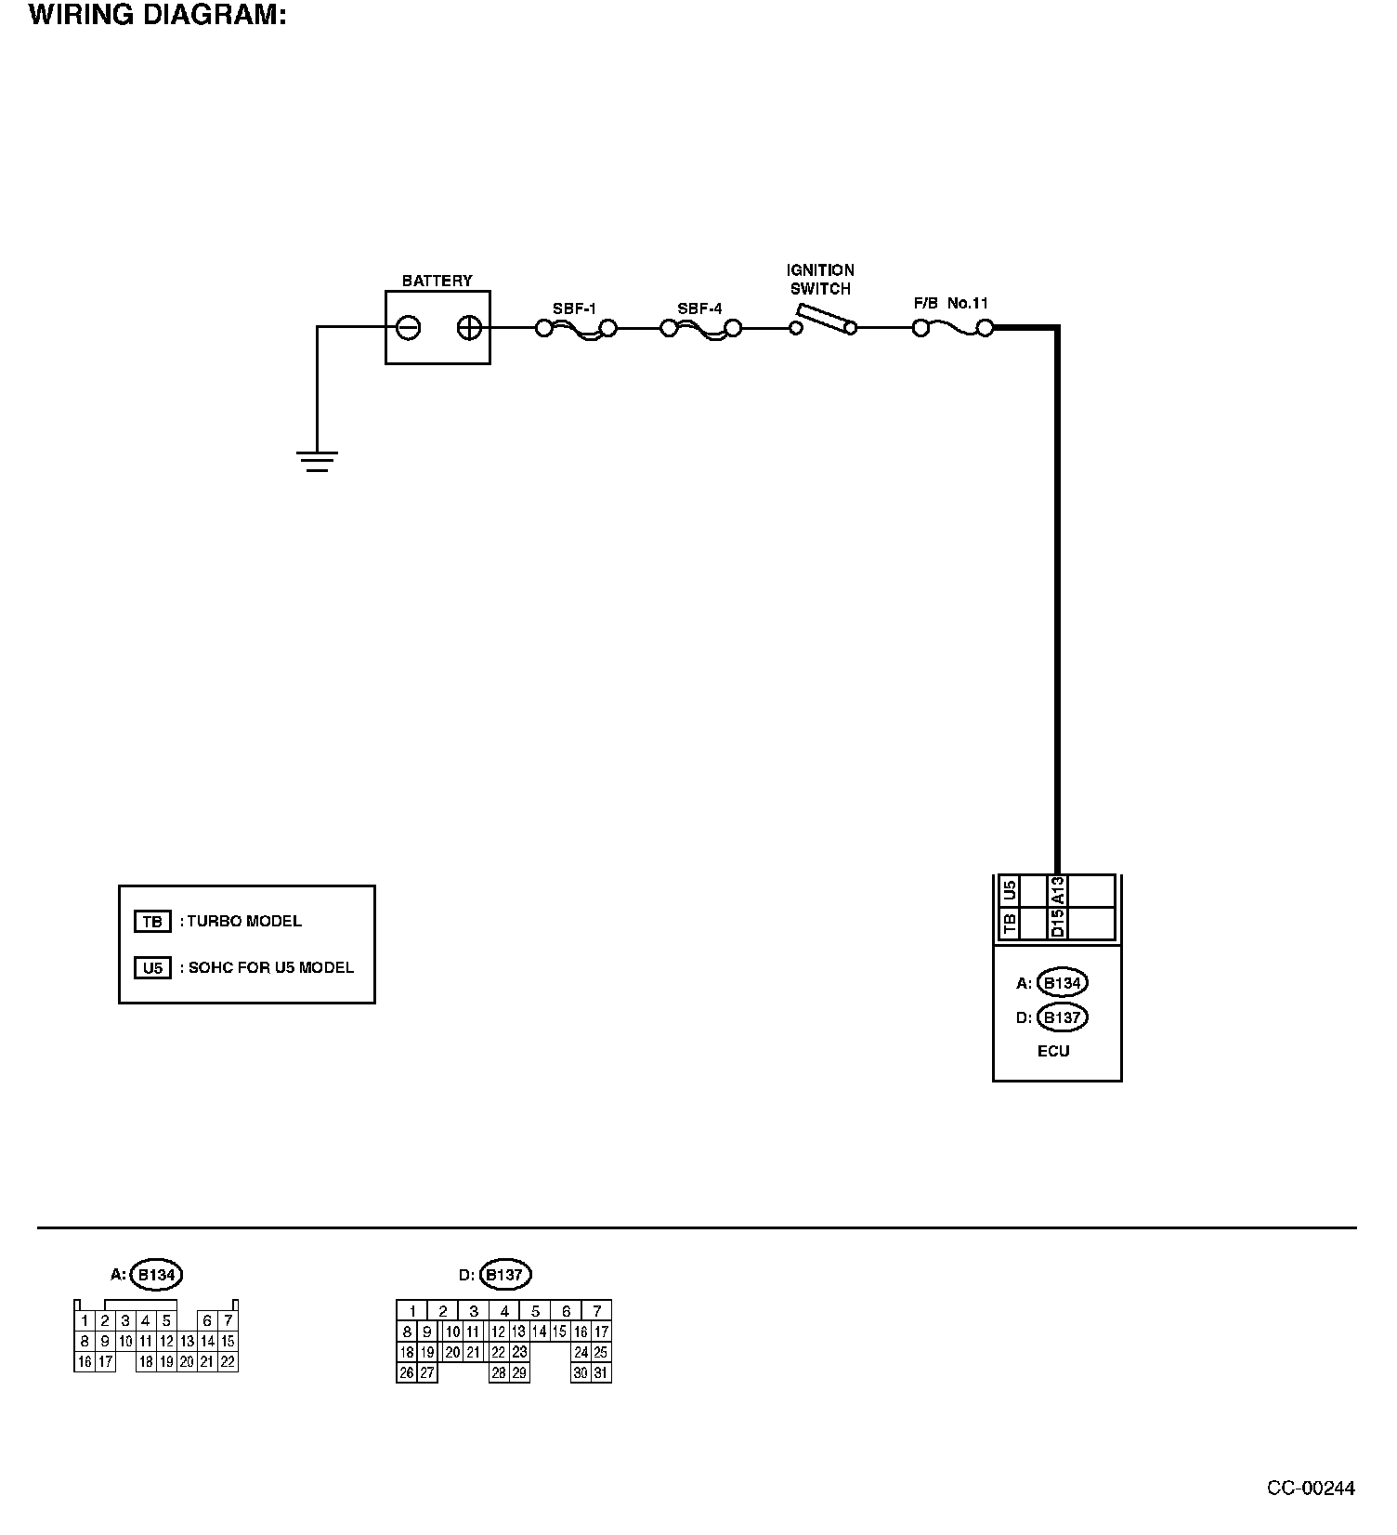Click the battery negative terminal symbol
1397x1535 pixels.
[409, 328]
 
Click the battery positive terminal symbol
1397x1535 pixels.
[469, 328]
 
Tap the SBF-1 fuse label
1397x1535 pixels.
[574, 309]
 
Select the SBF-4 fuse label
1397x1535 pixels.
[699, 309]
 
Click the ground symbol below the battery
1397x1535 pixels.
[317, 462]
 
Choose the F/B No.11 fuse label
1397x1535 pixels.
[951, 303]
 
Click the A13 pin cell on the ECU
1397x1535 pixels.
[1057, 892]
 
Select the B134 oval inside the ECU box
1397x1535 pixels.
[1062, 983]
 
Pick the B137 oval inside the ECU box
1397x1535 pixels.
[1062, 1017]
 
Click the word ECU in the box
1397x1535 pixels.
[1053, 1051]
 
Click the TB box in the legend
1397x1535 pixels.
[152, 922]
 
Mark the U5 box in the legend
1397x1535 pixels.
[152, 968]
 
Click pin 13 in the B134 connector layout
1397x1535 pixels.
[187, 1342]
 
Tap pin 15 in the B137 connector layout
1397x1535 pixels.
[559, 1332]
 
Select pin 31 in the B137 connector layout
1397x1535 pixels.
[601, 1373]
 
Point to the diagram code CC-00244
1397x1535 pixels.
[1311, 1489]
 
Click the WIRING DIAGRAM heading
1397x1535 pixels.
[157, 16]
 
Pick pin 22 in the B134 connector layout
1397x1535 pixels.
[228, 1362]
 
